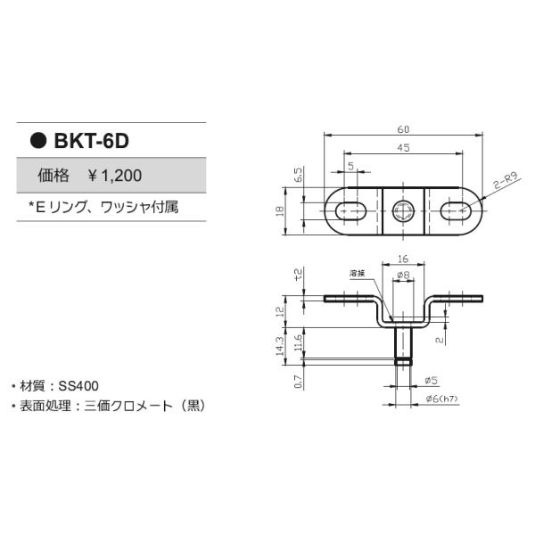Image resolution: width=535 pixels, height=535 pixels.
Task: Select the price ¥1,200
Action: pyautogui.click(x=114, y=177)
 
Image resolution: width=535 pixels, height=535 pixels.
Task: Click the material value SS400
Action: pyautogui.click(x=79, y=386)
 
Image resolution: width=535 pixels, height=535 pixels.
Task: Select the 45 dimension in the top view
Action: pyautogui.click(x=403, y=148)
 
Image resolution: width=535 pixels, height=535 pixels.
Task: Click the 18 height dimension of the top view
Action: pyautogui.click(x=279, y=211)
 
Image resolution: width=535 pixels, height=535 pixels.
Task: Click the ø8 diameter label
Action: pyautogui.click(x=403, y=276)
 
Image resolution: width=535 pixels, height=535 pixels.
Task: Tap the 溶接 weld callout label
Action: pyautogui.click(x=358, y=275)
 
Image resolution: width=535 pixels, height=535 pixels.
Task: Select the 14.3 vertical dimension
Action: pyautogui.click(x=280, y=345)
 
